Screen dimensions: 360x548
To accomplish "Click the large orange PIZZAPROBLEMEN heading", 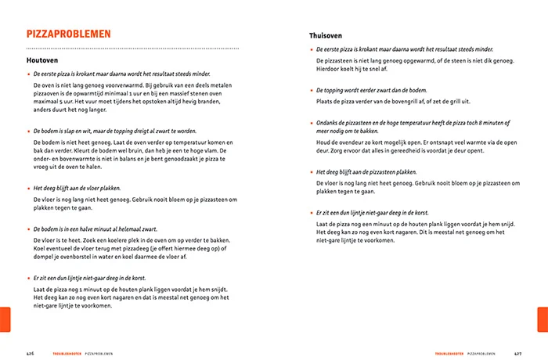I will click(68, 34).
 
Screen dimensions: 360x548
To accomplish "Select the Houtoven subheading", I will click(41, 60).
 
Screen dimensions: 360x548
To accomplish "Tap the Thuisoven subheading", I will click(323, 36).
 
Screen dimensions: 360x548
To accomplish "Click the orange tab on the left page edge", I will click(5, 319).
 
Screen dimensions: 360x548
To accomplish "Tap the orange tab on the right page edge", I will click(543, 319).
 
